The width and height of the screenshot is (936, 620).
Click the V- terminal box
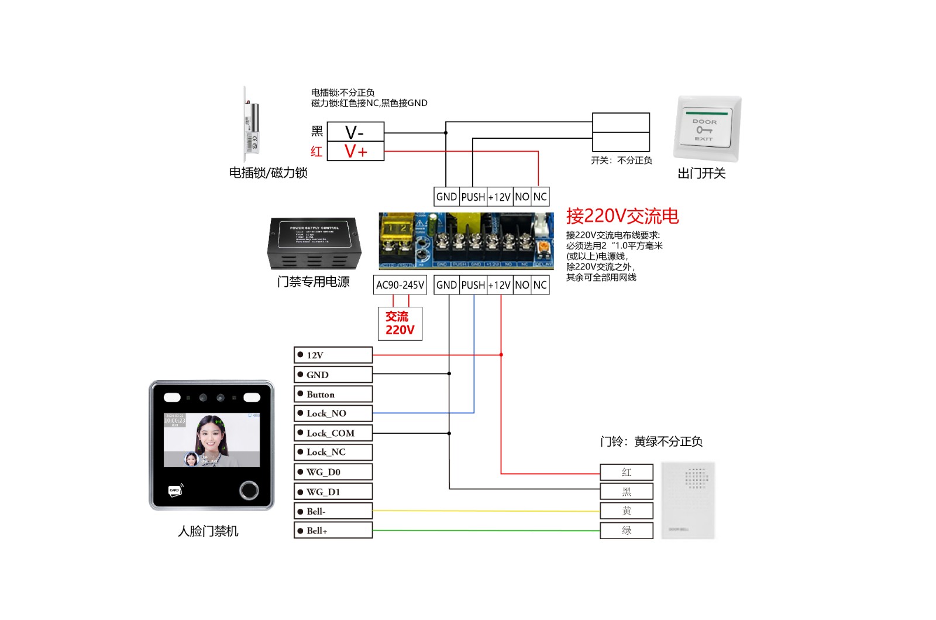pyautogui.click(x=355, y=132)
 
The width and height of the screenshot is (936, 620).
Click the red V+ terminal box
pyautogui.click(x=355, y=151)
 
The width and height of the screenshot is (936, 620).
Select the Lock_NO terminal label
pyautogui.click(x=333, y=413)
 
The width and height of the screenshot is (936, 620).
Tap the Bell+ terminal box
pyautogui.click(x=333, y=530)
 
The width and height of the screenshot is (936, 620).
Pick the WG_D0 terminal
pyautogui.click(x=333, y=472)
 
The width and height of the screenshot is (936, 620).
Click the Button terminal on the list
pyautogui.click(x=333, y=394)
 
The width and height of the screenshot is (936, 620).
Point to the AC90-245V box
pyautogui.click(x=400, y=285)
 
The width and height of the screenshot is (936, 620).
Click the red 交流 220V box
pyautogui.click(x=400, y=323)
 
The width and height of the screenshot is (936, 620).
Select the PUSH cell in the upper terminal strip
pyautogui.click(x=473, y=197)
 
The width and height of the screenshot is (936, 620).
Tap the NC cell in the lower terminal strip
pyautogui.click(x=540, y=285)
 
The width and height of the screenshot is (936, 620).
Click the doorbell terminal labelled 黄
pyautogui.click(x=626, y=511)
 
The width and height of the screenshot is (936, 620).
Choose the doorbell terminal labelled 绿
pyautogui.click(x=626, y=530)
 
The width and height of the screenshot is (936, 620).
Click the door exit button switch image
pyautogui.click(x=707, y=129)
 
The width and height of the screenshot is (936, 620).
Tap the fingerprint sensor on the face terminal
pyautogui.click(x=249, y=490)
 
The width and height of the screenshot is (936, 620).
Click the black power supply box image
pyautogui.click(x=314, y=243)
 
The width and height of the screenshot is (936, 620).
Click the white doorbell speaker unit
pyautogui.click(x=688, y=501)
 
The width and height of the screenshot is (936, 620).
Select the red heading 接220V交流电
pyautogui.click(x=622, y=216)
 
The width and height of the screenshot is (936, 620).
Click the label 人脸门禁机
pyautogui.click(x=208, y=531)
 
